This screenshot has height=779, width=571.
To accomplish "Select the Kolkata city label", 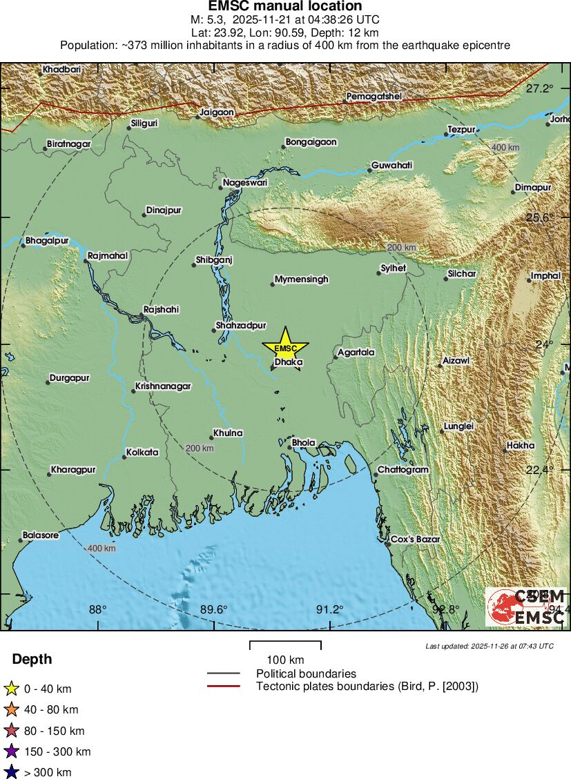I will pos(142,453).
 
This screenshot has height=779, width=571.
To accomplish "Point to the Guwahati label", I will pos(392,166).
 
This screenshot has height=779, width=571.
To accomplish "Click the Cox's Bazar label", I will pos(415,539).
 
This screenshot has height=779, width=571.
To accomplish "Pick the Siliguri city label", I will pos(144,124).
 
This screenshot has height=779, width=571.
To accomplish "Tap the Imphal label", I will pos(545,276).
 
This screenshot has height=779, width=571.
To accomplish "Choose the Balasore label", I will pos(40,535).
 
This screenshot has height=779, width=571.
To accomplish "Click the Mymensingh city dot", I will pos(273,284).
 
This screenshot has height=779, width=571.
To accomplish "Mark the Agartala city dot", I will pos(336,357).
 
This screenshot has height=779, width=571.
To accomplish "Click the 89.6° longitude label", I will pos(214,609).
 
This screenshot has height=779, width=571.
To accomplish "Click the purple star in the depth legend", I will pos(11,751).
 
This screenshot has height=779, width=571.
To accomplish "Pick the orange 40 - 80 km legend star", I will pos(11,709).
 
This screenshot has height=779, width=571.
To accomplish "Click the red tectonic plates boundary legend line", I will pos(224,686).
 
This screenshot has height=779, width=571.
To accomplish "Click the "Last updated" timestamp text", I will pos(490,646).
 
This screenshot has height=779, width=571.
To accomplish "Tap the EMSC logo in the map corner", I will pos(525,607).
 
